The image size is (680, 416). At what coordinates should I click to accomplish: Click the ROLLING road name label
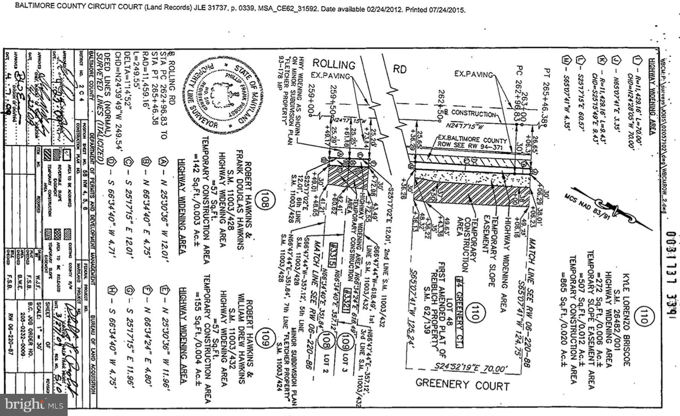coord(334,64)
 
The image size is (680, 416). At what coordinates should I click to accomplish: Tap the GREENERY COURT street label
coord(462,384)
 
